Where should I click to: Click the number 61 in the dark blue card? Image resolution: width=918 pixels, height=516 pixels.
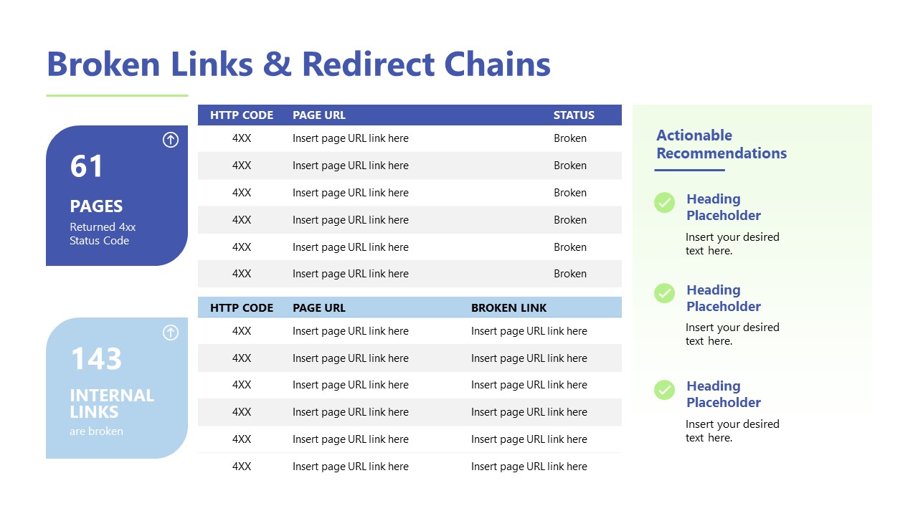point(87,166)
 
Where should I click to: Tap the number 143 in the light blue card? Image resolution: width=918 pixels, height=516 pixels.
point(96,359)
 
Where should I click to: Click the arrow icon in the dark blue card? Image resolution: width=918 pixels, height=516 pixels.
point(171,140)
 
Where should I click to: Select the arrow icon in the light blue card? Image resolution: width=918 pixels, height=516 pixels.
point(171,333)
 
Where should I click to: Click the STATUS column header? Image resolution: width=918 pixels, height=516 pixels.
point(574,115)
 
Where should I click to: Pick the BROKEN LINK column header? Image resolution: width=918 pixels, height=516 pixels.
point(508,308)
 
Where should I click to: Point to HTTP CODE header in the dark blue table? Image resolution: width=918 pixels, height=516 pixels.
point(242,115)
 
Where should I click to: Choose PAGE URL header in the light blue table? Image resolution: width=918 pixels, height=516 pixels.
point(319,308)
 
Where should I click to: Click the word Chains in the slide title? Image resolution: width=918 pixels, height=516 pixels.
point(498,64)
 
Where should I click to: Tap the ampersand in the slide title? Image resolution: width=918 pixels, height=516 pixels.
point(278,64)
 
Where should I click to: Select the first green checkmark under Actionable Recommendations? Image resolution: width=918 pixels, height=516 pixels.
point(665,203)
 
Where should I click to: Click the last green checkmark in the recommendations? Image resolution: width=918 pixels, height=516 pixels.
point(665,390)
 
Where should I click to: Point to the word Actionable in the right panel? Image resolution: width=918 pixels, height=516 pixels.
point(694,135)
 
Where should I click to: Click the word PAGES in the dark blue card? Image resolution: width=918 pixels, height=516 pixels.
point(96,206)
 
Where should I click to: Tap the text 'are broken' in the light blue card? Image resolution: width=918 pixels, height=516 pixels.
point(96,431)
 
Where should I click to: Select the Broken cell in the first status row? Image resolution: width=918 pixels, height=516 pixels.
point(570,138)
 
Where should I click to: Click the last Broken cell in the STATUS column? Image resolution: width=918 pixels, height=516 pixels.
point(570,274)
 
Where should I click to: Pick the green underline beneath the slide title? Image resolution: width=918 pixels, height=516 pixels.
point(117,95)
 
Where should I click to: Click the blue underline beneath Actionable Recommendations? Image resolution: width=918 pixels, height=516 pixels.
point(689,170)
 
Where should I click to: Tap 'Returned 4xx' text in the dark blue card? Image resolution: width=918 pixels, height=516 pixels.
point(103,227)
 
